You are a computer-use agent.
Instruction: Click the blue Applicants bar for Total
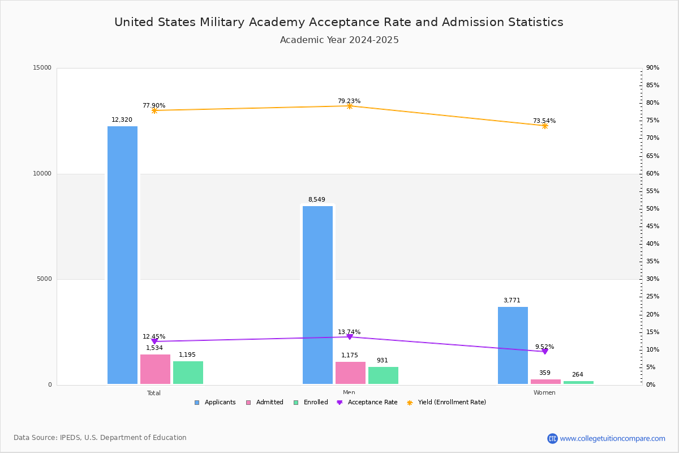(122, 255)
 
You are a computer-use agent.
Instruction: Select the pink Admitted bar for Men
(350, 373)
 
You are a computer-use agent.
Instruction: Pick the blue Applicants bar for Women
(513, 345)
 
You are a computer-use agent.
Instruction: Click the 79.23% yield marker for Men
(350, 106)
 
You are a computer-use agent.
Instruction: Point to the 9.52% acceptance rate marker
(545, 352)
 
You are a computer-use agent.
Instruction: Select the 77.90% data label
(154, 106)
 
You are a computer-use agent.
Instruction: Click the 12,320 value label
(122, 120)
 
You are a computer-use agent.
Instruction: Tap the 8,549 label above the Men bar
(316, 200)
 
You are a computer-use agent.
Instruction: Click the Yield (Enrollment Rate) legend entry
(452, 403)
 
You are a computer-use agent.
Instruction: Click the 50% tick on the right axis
(652, 209)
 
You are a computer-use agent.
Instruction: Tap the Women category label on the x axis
(544, 393)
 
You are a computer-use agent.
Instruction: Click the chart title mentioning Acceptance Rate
(339, 22)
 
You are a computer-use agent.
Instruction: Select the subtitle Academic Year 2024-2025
(339, 40)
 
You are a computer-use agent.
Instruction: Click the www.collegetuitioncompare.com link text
(612, 438)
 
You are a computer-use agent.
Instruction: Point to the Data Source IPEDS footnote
(100, 438)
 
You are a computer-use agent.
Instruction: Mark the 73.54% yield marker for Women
(545, 126)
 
